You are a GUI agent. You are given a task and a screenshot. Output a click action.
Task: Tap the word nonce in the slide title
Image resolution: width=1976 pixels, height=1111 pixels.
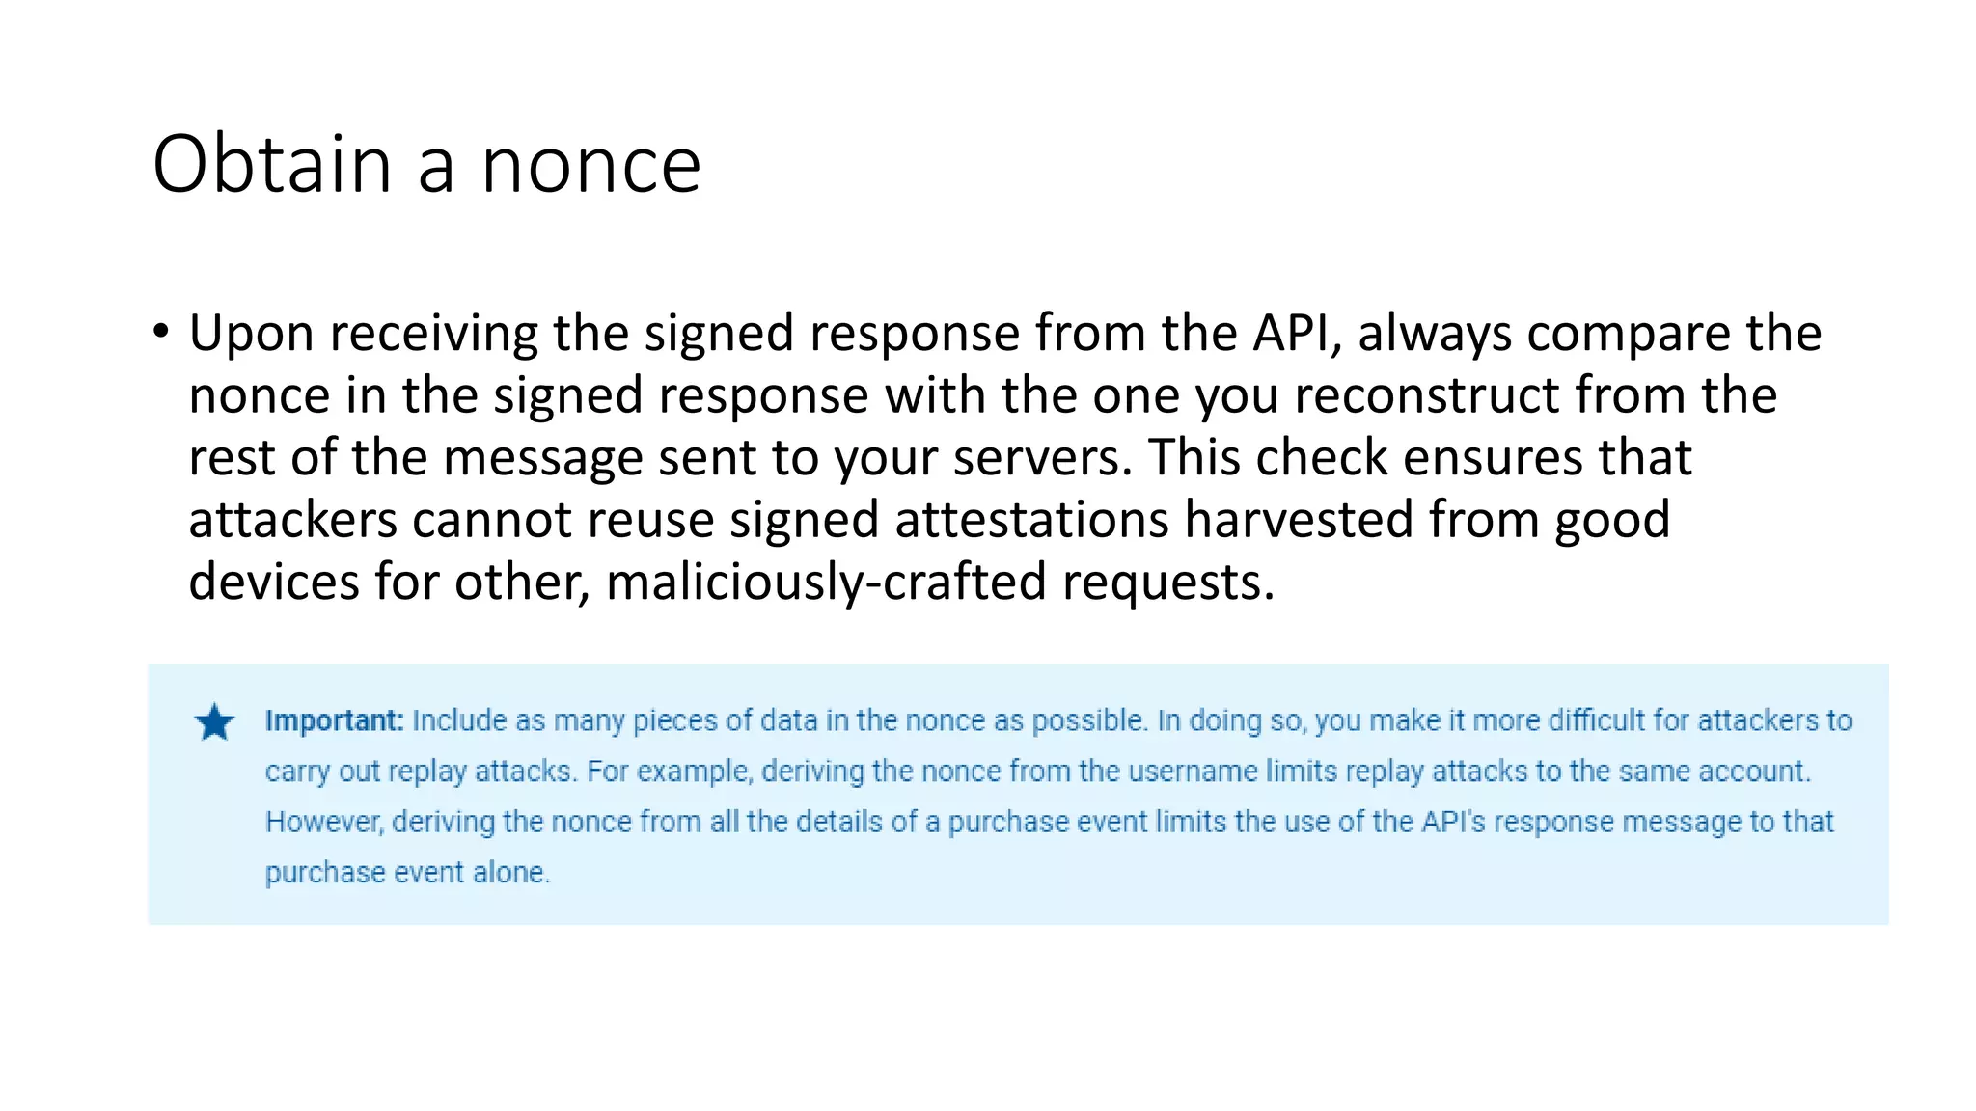(x=590, y=166)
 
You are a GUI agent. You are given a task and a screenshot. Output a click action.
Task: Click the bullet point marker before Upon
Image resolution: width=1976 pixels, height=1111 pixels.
(x=160, y=332)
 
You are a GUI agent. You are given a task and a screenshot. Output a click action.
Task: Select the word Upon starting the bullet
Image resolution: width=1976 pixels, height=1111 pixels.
(x=251, y=334)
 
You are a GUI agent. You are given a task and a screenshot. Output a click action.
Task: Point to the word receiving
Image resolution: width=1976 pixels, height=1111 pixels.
(x=432, y=334)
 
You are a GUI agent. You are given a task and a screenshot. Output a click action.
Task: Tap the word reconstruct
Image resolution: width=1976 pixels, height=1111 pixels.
(x=1426, y=395)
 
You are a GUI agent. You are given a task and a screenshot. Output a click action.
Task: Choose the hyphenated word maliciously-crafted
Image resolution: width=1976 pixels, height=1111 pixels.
(x=826, y=583)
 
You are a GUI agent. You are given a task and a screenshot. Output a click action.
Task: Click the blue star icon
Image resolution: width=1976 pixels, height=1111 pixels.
(x=214, y=722)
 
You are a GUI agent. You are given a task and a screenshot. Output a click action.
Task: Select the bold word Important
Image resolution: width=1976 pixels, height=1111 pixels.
(x=334, y=720)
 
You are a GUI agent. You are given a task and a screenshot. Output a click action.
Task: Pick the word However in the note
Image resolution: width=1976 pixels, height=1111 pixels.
(x=324, y=822)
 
